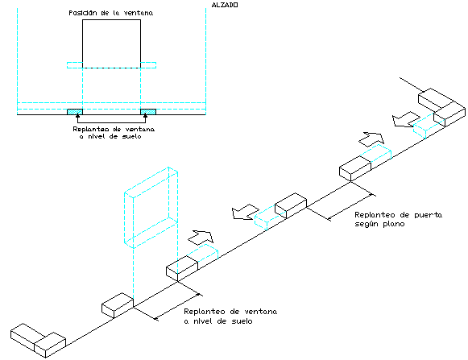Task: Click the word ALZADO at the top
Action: coord(225,5)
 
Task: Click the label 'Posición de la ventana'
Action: coord(110,13)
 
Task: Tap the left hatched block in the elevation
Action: coord(75,112)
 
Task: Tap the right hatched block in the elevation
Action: coord(148,112)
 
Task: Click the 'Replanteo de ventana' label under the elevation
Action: coord(114,133)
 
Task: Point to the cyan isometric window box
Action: coord(151,208)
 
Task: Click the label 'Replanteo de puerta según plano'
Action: coord(398,219)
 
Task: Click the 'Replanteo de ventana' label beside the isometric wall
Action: coord(230,317)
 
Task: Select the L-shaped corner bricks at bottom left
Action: coord(38,341)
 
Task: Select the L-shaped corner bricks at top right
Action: coord(441,107)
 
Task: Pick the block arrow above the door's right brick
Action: coord(371,139)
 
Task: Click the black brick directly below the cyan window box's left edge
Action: coord(118,305)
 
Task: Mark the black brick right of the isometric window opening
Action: coord(182,268)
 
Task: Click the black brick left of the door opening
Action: coord(291,205)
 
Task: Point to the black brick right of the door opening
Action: coord(355,168)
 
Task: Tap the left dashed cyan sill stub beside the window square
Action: coord(75,65)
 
